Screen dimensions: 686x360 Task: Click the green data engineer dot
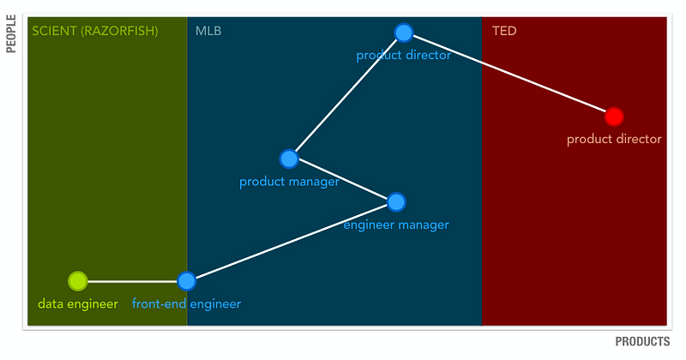(x=78, y=281)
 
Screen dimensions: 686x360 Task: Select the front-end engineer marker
(x=187, y=281)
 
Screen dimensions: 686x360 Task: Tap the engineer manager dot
(x=396, y=202)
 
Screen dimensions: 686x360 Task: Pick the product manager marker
(x=289, y=159)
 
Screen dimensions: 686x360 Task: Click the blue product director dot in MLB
(x=403, y=33)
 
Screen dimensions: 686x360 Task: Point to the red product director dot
(x=614, y=117)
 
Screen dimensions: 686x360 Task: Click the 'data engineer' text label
(x=78, y=304)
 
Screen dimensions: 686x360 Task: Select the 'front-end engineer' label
(x=186, y=304)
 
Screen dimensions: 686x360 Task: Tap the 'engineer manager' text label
(x=396, y=225)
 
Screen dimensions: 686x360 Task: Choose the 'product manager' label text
(x=289, y=182)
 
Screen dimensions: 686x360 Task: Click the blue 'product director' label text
(x=403, y=55)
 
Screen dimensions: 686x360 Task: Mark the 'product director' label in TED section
(x=614, y=139)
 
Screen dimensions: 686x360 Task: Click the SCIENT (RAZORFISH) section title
(x=95, y=31)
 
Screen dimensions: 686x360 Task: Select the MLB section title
(x=208, y=31)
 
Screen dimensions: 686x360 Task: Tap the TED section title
(x=504, y=31)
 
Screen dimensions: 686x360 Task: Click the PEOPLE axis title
(x=11, y=33)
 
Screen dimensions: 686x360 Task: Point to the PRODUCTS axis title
(x=642, y=342)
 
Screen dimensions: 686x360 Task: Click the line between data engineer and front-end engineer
(x=132, y=281)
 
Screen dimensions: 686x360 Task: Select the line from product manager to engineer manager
(x=342, y=180)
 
